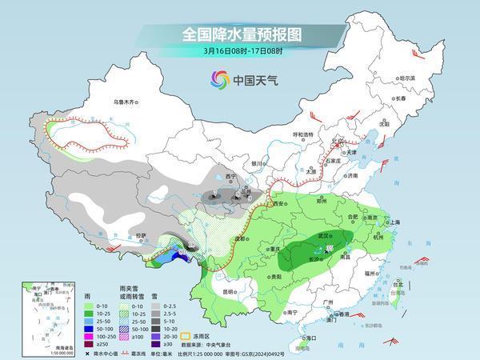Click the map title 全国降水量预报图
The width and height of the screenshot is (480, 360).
click(240, 34)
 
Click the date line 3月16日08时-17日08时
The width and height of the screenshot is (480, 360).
click(239, 54)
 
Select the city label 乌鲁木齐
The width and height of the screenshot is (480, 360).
click(126, 102)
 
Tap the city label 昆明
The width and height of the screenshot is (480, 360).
click(230, 291)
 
